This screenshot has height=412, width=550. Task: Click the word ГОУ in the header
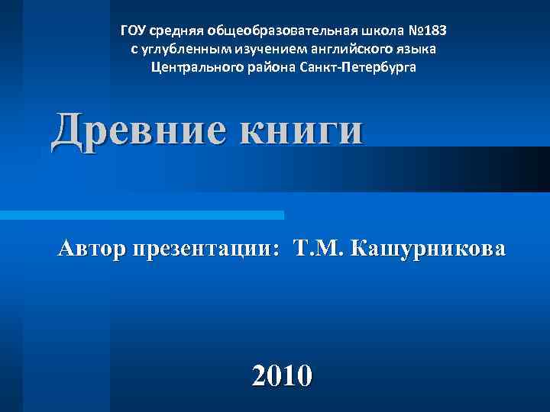click(x=133, y=31)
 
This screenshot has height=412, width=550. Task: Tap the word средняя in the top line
click(x=173, y=31)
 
